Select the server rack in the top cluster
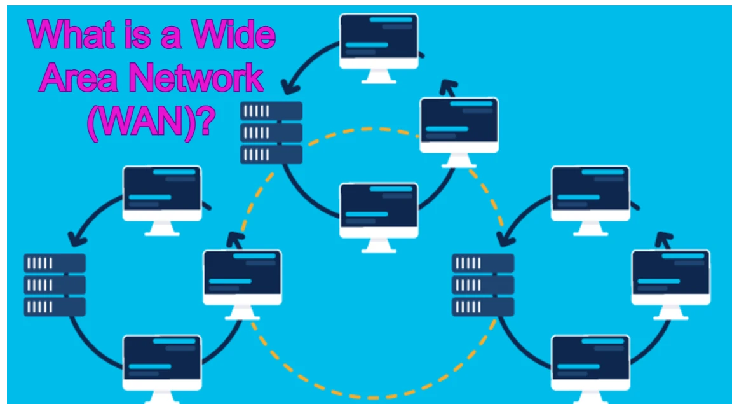tap(271, 132)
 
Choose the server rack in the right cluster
tap(483, 284)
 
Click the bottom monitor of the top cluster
tap(379, 211)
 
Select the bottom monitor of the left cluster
tap(161, 363)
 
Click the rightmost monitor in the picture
tap(670, 277)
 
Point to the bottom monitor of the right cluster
tap(590, 363)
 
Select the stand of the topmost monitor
tap(379, 76)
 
